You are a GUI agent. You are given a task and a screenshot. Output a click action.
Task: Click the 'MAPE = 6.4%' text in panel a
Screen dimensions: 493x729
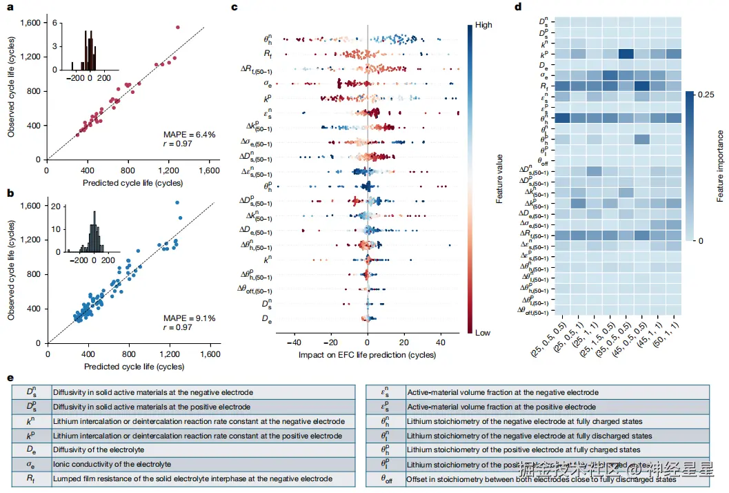click(190, 134)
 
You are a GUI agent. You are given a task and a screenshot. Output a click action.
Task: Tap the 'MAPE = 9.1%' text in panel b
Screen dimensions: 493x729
click(190, 318)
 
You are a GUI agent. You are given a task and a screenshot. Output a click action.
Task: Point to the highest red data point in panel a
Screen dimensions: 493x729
click(177, 28)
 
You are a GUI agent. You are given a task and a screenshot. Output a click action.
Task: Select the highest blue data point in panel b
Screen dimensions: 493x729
click(177, 202)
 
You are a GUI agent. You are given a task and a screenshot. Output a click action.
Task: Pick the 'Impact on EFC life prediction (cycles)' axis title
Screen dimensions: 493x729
click(367, 354)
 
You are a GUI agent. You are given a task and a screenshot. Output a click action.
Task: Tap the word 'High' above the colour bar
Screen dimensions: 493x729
click(483, 25)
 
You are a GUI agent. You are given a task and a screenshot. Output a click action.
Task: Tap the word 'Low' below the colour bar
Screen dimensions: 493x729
click(483, 332)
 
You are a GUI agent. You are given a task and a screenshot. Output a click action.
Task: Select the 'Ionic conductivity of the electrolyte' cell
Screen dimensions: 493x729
click(100, 464)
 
